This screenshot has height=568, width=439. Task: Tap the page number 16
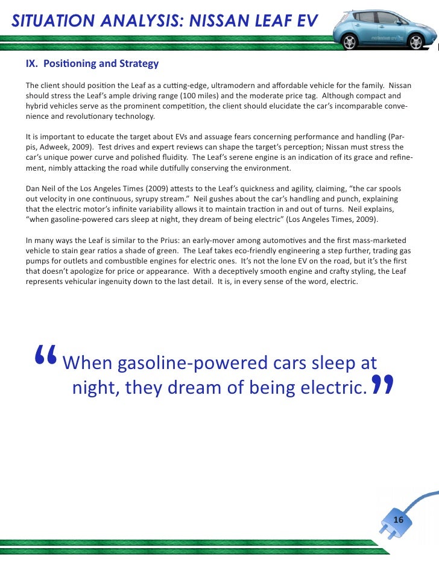point(398,520)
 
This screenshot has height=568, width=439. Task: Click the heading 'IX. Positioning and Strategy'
point(92,64)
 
